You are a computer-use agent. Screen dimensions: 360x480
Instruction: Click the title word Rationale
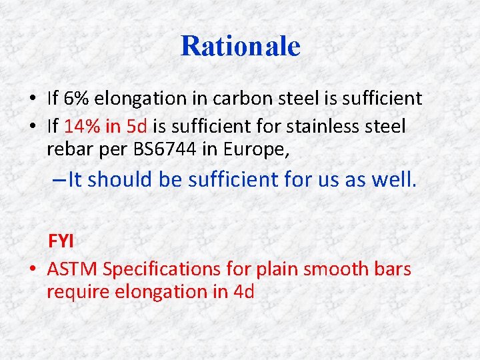(x=240, y=46)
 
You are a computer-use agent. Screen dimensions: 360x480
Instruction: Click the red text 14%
(x=81, y=126)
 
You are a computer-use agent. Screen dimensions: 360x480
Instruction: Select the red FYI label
(x=61, y=241)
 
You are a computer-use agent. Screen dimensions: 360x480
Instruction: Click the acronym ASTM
(x=73, y=269)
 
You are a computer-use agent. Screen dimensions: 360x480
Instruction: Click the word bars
(x=395, y=269)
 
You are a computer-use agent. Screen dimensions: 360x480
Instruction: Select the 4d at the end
(x=243, y=291)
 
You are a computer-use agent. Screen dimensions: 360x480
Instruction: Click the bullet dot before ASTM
(x=32, y=269)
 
